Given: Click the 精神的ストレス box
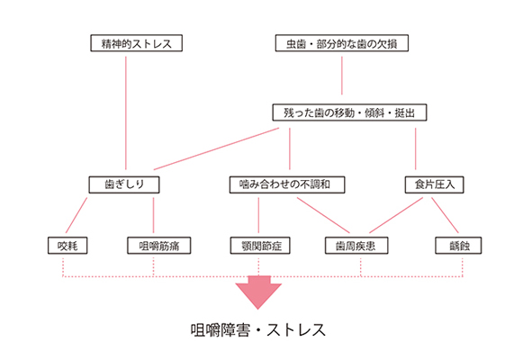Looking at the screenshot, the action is click(x=137, y=43).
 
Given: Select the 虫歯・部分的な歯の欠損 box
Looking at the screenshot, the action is click(x=342, y=43).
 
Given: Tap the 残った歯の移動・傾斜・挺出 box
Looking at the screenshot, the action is click(x=349, y=112).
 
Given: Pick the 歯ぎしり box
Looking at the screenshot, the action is click(x=124, y=184).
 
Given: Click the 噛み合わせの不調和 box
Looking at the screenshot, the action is click(x=287, y=184).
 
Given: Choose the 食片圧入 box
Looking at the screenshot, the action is click(x=434, y=184).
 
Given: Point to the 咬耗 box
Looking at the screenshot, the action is click(x=68, y=246).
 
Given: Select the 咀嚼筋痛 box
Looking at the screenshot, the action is click(x=158, y=246).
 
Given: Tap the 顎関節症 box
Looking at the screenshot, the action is click(x=260, y=246).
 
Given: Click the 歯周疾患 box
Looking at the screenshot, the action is click(x=356, y=246).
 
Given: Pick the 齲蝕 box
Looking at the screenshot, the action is click(x=458, y=246).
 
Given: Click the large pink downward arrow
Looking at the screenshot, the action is click(x=258, y=292).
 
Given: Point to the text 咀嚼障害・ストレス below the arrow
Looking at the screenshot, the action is click(x=258, y=330).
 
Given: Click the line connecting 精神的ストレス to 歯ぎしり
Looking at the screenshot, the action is click(x=126, y=113).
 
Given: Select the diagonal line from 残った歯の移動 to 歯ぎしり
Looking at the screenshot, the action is click(x=216, y=148).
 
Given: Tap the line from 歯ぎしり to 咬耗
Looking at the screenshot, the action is click(x=77, y=215).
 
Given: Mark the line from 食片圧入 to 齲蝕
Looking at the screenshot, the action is click(x=445, y=215).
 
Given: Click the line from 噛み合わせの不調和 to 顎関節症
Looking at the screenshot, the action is click(x=258, y=215).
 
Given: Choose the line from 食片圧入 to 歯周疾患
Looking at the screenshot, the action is click(x=396, y=215).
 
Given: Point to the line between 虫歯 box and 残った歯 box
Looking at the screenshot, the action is click(x=342, y=76).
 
